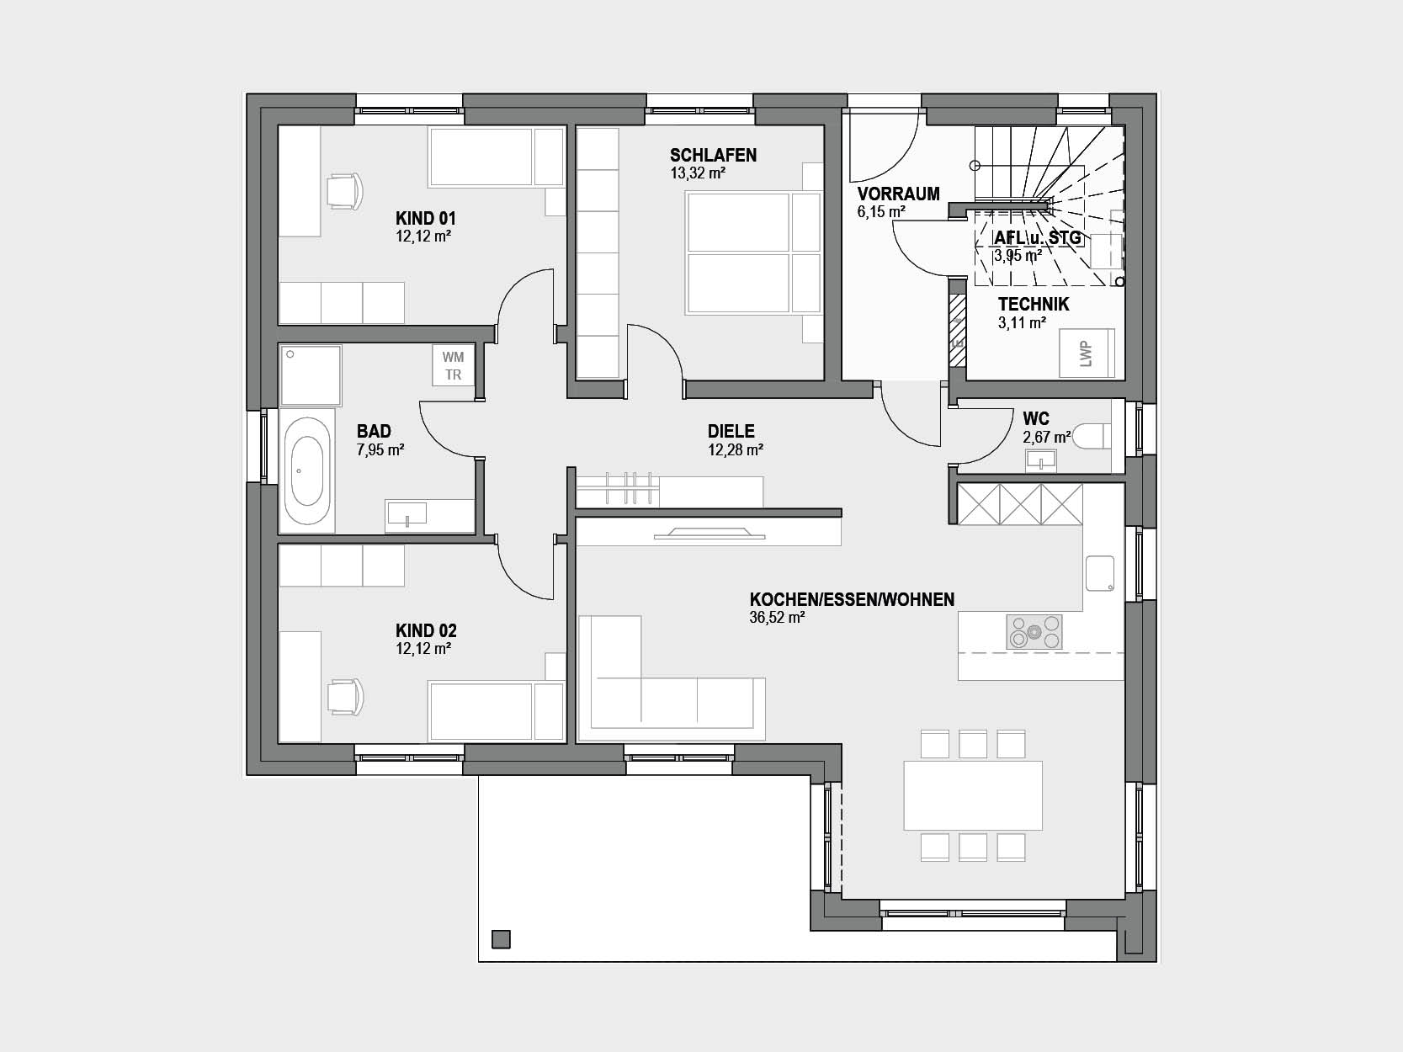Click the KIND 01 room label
[426, 219]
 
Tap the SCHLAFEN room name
[714, 156]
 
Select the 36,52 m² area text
[777, 618]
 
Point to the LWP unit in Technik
[1087, 353]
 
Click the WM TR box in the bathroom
[453, 365]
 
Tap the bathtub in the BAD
[307, 470]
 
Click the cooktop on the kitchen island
[1034, 632]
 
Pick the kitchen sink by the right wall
[1100, 572]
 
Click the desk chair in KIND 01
[344, 190]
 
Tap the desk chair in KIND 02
[344, 696]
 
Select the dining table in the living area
[973, 795]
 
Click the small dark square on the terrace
[501, 939]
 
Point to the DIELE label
[731, 432]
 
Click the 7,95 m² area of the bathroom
[380, 450]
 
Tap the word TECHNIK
[1034, 304]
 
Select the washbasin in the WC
[1041, 460]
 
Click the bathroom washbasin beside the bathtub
[407, 514]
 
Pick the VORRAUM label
[899, 194]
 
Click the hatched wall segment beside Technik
[957, 330]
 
